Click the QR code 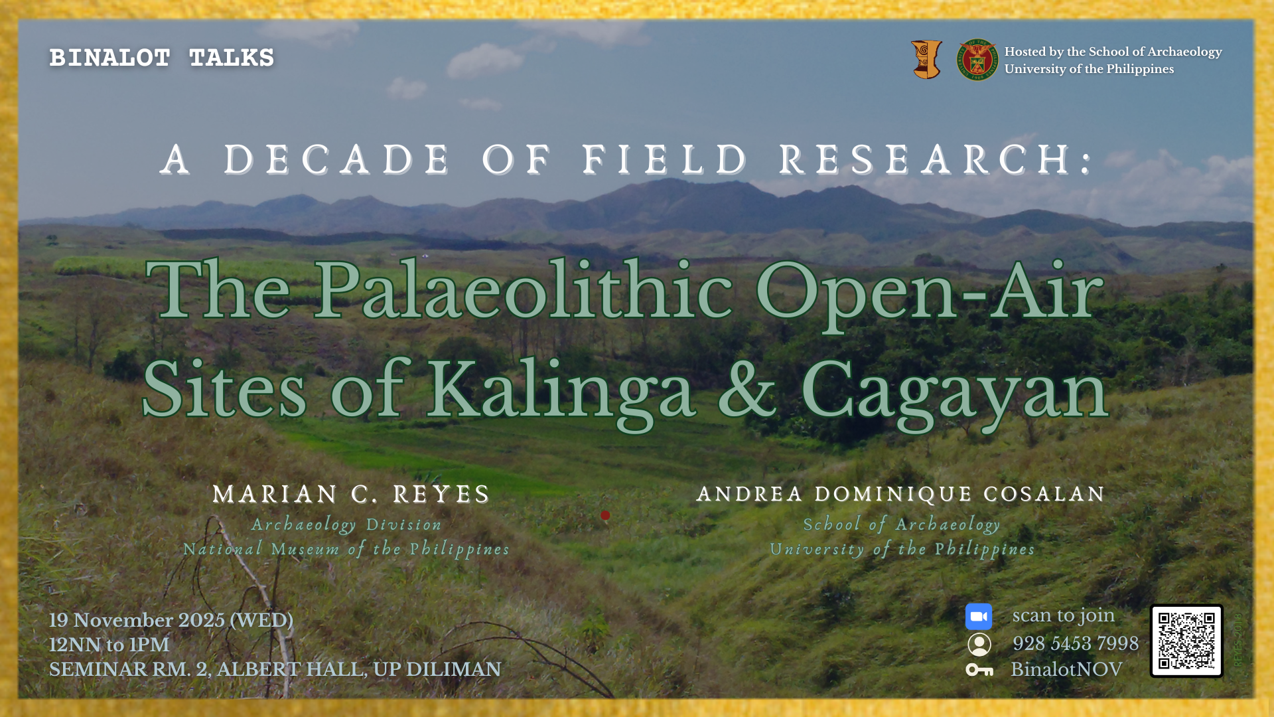point(1186,641)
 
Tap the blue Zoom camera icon point(979,617)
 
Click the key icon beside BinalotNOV point(979,670)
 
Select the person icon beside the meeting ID point(979,644)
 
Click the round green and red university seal point(977,60)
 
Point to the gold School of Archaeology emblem point(927,60)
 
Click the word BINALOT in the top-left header point(110,58)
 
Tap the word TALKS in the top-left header point(232,58)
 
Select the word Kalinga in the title point(561,390)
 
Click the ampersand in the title point(747,388)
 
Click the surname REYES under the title point(441,495)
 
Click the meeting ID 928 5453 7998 point(1076,643)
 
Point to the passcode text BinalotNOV point(1066,669)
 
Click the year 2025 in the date point(202,620)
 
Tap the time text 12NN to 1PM point(109,645)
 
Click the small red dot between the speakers point(605,515)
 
